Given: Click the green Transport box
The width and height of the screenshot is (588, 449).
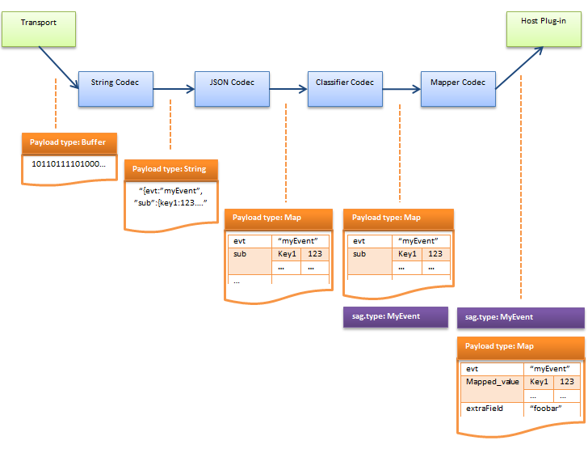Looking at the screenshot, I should click(40, 28).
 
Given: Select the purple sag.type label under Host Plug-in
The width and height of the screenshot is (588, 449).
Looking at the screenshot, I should click(520, 317).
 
